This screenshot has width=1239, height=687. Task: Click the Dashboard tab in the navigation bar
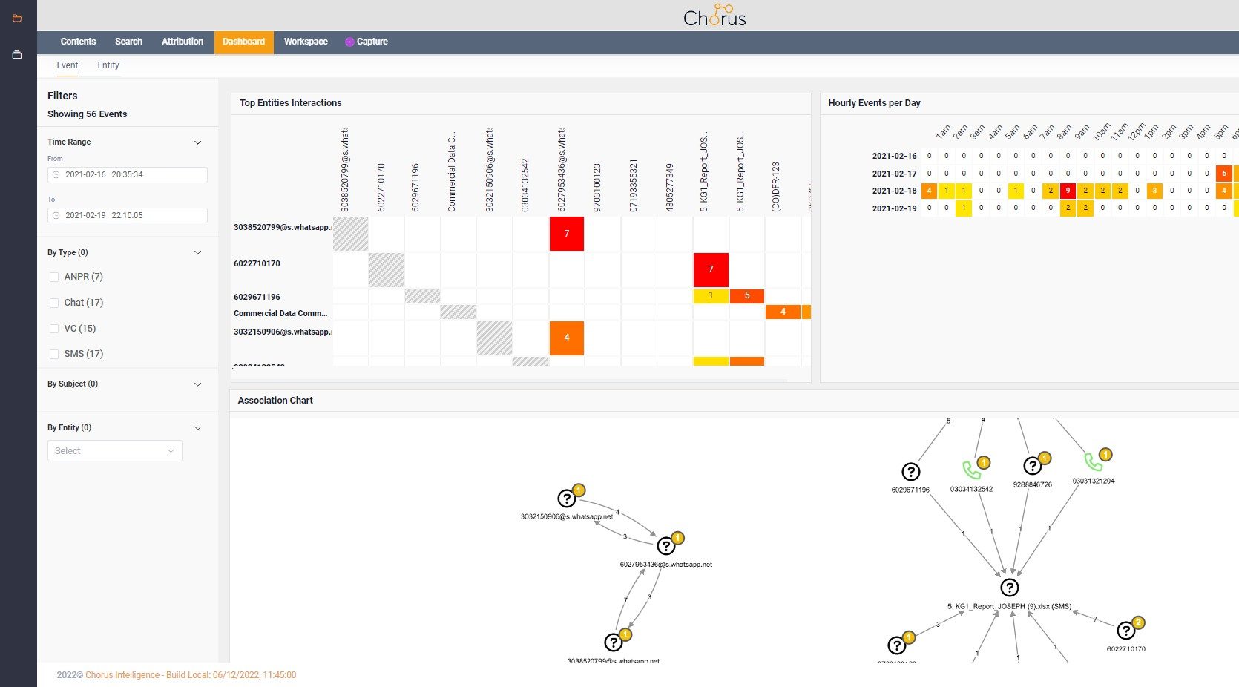(243, 42)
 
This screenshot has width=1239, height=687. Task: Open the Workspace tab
(306, 42)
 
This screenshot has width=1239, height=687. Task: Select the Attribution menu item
(183, 42)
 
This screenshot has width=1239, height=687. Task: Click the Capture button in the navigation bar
(367, 42)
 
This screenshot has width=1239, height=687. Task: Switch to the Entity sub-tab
(108, 65)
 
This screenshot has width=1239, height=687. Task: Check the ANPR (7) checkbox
(54, 277)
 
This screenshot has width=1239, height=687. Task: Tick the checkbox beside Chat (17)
(54, 303)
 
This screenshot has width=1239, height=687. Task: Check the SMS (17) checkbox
(54, 354)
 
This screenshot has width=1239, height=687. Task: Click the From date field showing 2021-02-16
(128, 175)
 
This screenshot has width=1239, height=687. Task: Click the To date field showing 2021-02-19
(128, 215)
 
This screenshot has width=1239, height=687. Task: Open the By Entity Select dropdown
(115, 451)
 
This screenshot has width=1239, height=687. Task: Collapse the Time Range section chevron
(198, 142)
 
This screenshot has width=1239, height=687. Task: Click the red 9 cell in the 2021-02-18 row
(1068, 191)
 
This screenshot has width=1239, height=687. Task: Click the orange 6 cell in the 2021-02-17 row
(1223, 174)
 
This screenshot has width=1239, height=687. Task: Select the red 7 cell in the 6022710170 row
(711, 269)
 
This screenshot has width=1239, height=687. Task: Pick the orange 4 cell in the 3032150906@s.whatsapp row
(567, 338)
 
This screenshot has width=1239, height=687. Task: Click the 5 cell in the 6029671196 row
(747, 296)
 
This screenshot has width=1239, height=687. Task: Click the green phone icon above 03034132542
(971, 470)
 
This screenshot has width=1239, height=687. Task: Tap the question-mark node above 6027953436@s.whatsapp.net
(666, 546)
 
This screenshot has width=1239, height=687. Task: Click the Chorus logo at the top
(714, 16)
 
